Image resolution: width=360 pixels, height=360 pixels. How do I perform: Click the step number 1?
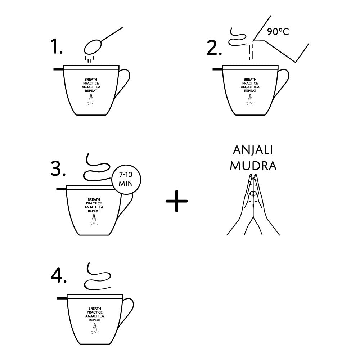57,46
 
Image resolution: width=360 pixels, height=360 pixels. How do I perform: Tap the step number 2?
214,48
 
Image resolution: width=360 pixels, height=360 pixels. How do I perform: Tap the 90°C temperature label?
278,31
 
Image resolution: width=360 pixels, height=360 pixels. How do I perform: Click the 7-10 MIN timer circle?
126,179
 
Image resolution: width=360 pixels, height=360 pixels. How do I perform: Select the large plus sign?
177,201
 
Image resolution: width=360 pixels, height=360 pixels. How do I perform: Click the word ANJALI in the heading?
253,150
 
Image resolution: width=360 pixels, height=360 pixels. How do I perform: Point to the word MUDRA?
253,166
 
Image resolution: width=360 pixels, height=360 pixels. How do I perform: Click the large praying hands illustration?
253,204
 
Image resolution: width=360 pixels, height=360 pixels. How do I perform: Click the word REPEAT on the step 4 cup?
95,320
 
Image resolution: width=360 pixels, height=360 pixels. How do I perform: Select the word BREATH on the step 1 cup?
91,80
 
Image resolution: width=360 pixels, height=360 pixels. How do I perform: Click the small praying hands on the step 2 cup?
250,99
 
